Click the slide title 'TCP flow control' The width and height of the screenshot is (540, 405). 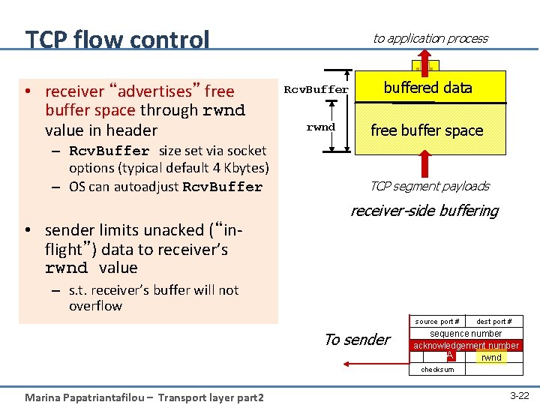(x=117, y=39)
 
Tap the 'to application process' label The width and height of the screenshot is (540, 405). (x=430, y=38)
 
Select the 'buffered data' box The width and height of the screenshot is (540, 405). (x=427, y=88)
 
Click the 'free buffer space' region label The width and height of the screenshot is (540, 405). (x=427, y=130)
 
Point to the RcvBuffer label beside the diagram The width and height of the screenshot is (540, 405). (x=316, y=90)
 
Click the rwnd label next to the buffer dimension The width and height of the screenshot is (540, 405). (x=320, y=127)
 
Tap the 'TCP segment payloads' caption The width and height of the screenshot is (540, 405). (x=429, y=186)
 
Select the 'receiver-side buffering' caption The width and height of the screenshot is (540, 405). (x=424, y=211)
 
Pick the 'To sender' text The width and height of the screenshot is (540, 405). (x=357, y=340)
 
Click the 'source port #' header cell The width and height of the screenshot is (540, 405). (x=437, y=322)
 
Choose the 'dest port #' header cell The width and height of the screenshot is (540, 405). (x=494, y=322)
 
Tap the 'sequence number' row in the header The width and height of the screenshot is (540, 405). (x=466, y=333)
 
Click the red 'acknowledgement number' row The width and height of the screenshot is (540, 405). (x=466, y=346)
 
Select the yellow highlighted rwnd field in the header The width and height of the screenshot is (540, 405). (x=491, y=358)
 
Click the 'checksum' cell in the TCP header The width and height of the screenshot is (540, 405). (x=437, y=370)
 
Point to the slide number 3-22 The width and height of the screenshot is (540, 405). (x=519, y=394)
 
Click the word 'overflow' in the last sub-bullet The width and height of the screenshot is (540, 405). (x=95, y=306)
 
